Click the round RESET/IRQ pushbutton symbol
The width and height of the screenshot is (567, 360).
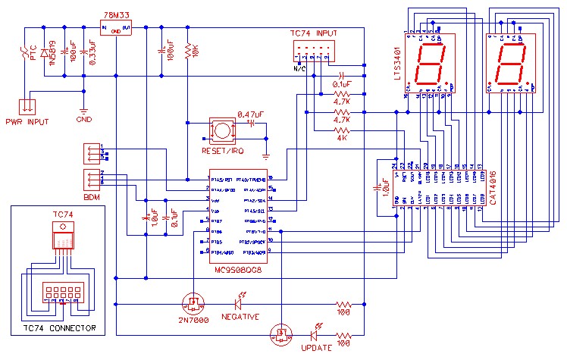221,130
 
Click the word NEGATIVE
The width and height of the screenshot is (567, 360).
240,316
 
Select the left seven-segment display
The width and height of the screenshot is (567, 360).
431,62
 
